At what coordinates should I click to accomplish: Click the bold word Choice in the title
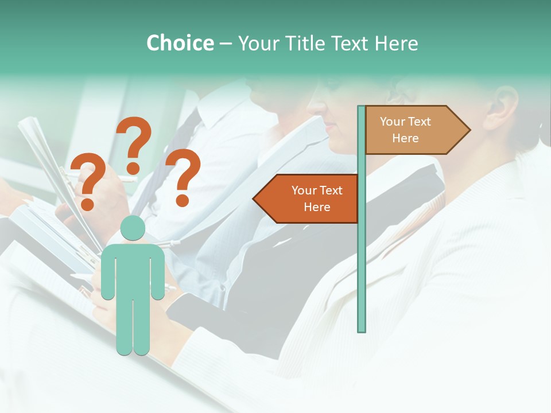click(x=180, y=43)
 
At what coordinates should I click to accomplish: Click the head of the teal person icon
click(x=133, y=228)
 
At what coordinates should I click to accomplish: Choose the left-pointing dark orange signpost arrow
click(x=310, y=198)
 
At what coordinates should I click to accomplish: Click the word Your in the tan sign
click(x=392, y=122)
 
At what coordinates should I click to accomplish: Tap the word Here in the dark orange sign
click(x=317, y=207)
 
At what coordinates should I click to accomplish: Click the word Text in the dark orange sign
click(x=331, y=190)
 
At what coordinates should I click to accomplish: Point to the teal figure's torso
click(x=133, y=267)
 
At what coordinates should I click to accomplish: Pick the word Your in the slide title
click(x=257, y=43)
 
